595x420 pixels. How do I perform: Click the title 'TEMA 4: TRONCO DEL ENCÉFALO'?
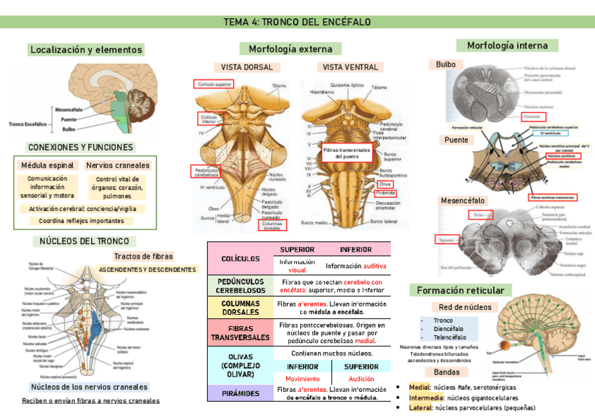[x=297, y=22]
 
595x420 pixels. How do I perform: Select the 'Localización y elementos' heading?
[x=86, y=50]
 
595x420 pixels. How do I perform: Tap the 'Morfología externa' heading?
[x=290, y=48]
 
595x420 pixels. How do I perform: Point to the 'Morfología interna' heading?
[x=507, y=46]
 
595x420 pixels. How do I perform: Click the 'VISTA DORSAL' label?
[x=247, y=67]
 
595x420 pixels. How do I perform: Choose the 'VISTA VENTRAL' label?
[x=350, y=67]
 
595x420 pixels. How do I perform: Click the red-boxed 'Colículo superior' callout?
[x=214, y=84]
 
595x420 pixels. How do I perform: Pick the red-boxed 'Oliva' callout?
[x=385, y=184]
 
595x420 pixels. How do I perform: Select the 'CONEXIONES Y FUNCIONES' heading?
[x=80, y=147]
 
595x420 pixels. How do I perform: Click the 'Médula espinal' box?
[x=48, y=165]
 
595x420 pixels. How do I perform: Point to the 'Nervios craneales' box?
[x=118, y=165]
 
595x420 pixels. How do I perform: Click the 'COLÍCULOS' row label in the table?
[x=240, y=259]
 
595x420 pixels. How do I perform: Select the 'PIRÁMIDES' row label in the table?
[x=240, y=393]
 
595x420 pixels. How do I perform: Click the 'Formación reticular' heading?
[x=460, y=290]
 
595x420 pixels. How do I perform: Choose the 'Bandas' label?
[x=446, y=372]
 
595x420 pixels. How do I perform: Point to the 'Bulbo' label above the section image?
[x=446, y=65]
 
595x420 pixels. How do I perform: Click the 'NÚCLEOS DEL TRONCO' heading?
[x=83, y=241]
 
